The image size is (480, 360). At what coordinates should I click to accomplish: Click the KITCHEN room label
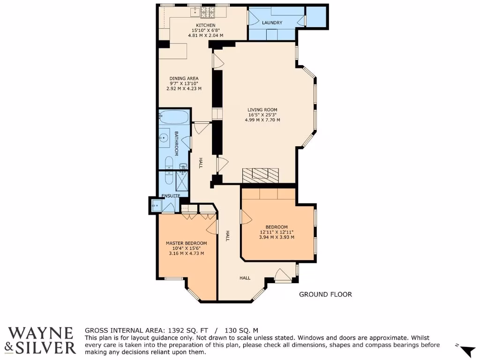click(205, 25)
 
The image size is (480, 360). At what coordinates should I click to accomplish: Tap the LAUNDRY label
click(272, 22)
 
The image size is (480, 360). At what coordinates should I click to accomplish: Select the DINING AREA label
click(184, 78)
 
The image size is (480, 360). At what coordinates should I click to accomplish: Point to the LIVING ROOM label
click(262, 110)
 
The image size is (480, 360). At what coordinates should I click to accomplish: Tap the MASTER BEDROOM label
click(186, 243)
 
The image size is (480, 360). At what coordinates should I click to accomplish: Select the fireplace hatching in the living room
click(261, 175)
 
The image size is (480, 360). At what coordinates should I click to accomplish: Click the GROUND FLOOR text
click(325, 294)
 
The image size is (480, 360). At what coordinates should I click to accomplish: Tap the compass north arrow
click(467, 350)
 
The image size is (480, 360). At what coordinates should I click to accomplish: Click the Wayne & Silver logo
click(42, 340)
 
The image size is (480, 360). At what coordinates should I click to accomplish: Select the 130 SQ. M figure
click(242, 330)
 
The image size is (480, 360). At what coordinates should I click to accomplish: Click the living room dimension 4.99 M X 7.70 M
click(262, 120)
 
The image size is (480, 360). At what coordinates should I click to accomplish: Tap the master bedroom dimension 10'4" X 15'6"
click(186, 248)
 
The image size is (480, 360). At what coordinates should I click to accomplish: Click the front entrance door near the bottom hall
click(283, 276)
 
